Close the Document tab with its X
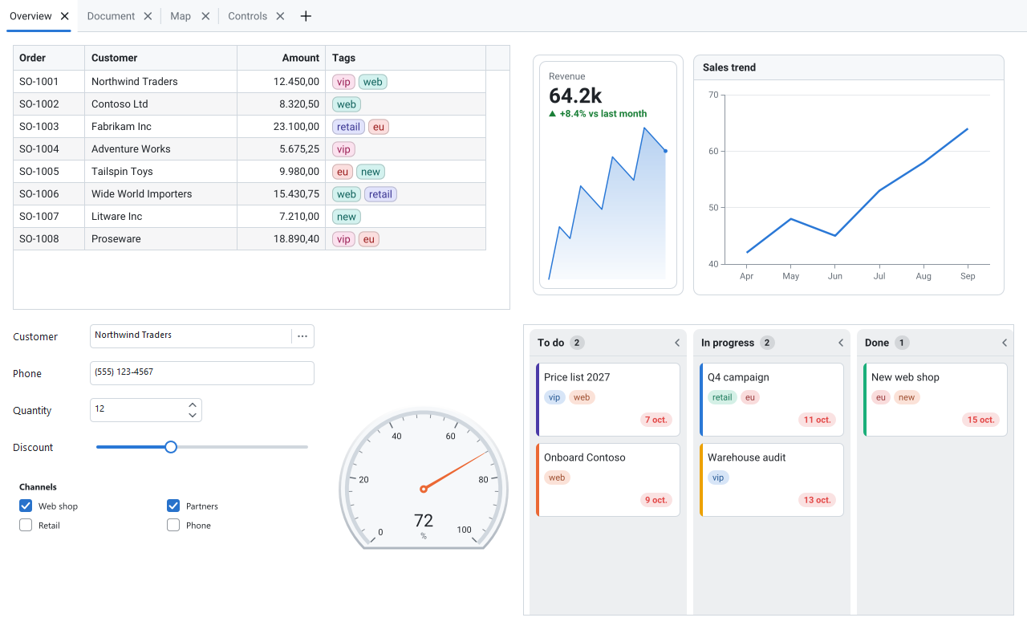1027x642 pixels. pos(148,17)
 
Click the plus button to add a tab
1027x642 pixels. pos(306,17)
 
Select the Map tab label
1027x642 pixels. pos(181,16)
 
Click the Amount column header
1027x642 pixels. pos(300,58)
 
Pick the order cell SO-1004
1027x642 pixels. pos(39,149)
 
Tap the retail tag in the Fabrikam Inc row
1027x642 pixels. pos(348,127)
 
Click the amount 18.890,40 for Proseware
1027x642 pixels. pos(296,239)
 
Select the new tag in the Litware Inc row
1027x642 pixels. pos(346,217)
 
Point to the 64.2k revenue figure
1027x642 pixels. pos(575,95)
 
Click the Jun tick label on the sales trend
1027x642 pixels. pos(835,276)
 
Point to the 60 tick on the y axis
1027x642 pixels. pos(713,152)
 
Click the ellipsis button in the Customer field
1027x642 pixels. pos(302,336)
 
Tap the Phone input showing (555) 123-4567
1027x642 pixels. pos(201,373)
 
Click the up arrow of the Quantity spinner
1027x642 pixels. pos(193,405)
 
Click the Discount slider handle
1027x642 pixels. pos(171,447)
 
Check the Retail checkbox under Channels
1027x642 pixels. pos(26,525)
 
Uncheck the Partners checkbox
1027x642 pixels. pos(173,506)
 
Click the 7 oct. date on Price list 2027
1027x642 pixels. pos(656,420)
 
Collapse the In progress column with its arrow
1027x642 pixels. pos(840,343)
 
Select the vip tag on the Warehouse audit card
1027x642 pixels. pos(718,477)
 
